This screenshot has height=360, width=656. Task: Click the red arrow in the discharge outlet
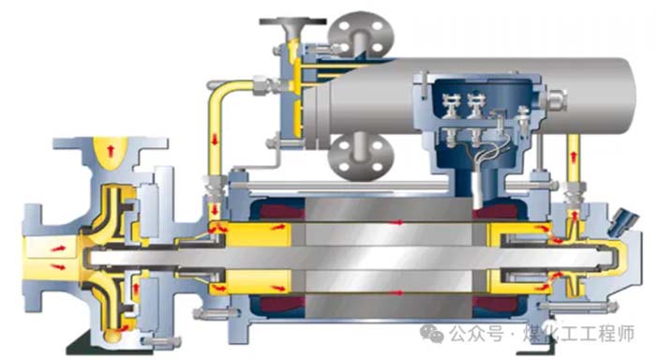111,150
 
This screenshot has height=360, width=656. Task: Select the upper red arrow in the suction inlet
58,248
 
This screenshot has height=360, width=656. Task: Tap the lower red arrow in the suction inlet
58,266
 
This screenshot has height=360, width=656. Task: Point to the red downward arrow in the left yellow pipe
215,140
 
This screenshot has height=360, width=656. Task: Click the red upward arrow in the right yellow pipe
574,157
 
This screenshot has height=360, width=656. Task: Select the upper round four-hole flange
361,34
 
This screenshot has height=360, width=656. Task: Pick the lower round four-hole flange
361,156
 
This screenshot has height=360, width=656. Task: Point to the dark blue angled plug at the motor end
622,221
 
